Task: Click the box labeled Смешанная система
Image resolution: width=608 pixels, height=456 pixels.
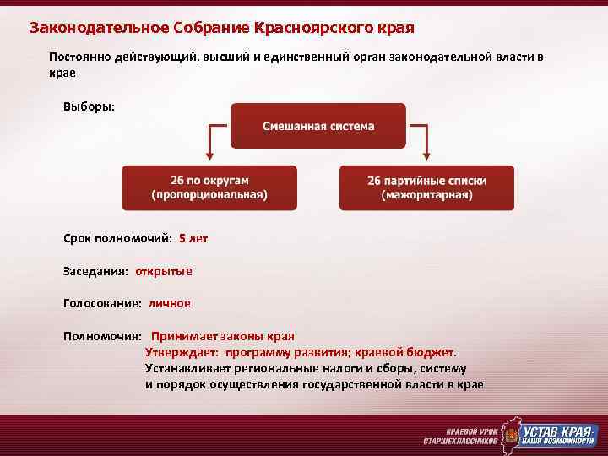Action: (318, 126)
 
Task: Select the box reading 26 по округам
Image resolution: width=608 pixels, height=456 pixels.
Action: (209, 187)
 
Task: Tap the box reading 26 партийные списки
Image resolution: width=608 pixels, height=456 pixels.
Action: (427, 187)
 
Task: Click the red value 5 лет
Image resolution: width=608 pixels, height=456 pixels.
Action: (193, 239)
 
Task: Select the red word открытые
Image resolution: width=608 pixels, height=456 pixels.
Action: (164, 271)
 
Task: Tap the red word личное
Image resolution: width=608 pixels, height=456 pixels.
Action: (170, 303)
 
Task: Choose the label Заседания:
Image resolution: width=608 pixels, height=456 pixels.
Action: (96, 271)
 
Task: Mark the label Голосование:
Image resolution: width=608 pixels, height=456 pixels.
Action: (103, 303)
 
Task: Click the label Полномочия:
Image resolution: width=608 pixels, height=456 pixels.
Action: (102, 335)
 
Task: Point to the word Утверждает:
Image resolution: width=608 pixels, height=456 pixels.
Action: (182, 352)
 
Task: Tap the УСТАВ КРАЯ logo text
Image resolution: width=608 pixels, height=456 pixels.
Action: (557, 431)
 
